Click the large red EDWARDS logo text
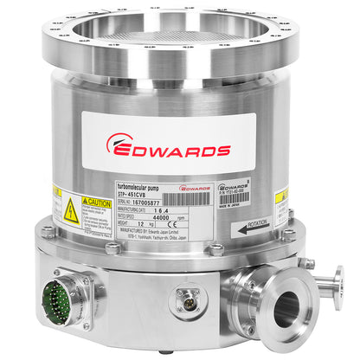180,149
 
